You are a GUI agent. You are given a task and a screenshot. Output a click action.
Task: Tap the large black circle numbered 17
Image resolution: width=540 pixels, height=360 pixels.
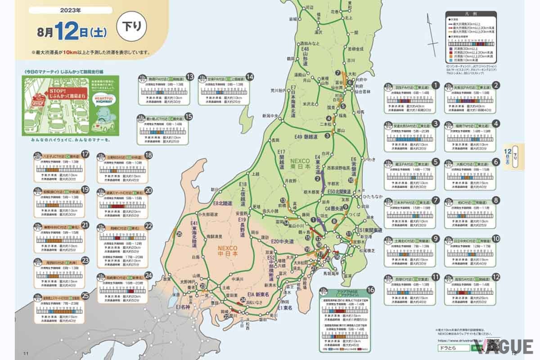pos(85,155)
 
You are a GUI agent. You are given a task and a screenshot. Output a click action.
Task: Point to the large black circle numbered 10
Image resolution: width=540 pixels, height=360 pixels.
pos(496,239)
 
